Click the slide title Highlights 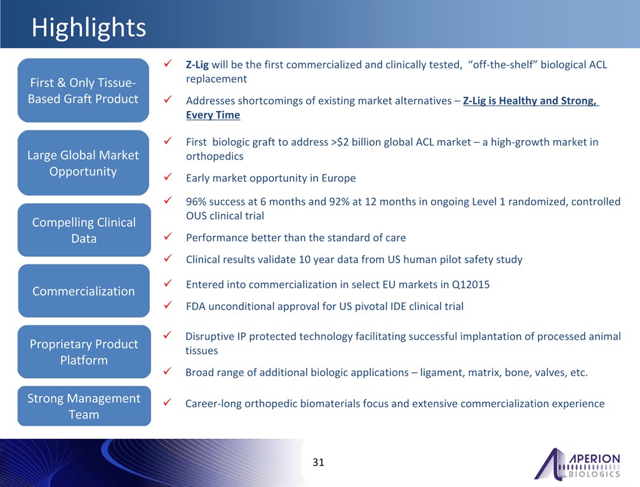pyautogui.click(x=89, y=28)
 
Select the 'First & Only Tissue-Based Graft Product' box pyautogui.click(x=83, y=91)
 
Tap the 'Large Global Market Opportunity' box pyautogui.click(x=83, y=163)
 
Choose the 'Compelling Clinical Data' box pyautogui.click(x=84, y=230)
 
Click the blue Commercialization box pyautogui.click(x=84, y=291)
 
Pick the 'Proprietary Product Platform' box pyautogui.click(x=84, y=352)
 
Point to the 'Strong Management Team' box pyautogui.click(x=84, y=406)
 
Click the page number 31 pyautogui.click(x=318, y=462)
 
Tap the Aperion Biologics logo pyautogui.click(x=577, y=464)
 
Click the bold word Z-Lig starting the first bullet pyautogui.click(x=197, y=65)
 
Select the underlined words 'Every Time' pyautogui.click(x=213, y=115)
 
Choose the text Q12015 pyautogui.click(x=470, y=285)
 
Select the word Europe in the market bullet pyautogui.click(x=338, y=178)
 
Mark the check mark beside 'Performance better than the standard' pyautogui.click(x=168, y=237)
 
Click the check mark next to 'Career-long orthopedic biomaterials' pyautogui.click(x=167, y=402)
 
